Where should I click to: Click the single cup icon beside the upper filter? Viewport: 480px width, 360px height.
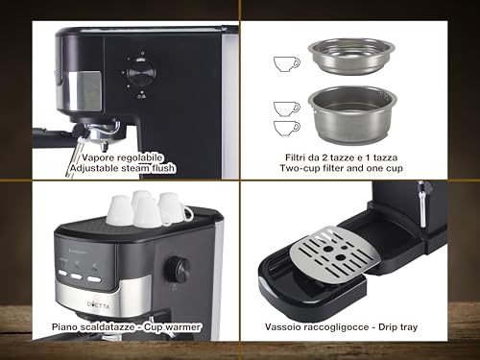(285, 63)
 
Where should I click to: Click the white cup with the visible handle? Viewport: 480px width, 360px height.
(173, 209)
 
